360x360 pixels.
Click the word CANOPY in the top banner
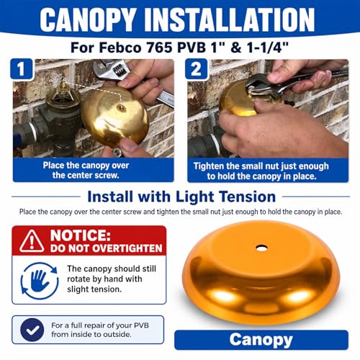(x=88, y=19)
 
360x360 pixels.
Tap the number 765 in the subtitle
(x=159, y=48)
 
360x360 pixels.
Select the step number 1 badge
(x=22, y=69)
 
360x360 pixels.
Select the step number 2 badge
(x=196, y=69)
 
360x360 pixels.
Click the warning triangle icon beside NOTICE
(x=32, y=241)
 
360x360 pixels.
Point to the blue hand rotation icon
(x=40, y=281)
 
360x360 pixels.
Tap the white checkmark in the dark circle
(x=32, y=330)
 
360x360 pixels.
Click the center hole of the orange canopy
(x=261, y=248)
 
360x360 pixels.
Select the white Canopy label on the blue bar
(x=261, y=340)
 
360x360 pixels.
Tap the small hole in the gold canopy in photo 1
(x=122, y=108)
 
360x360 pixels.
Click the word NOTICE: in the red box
(x=81, y=235)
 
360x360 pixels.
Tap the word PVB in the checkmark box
(x=141, y=325)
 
